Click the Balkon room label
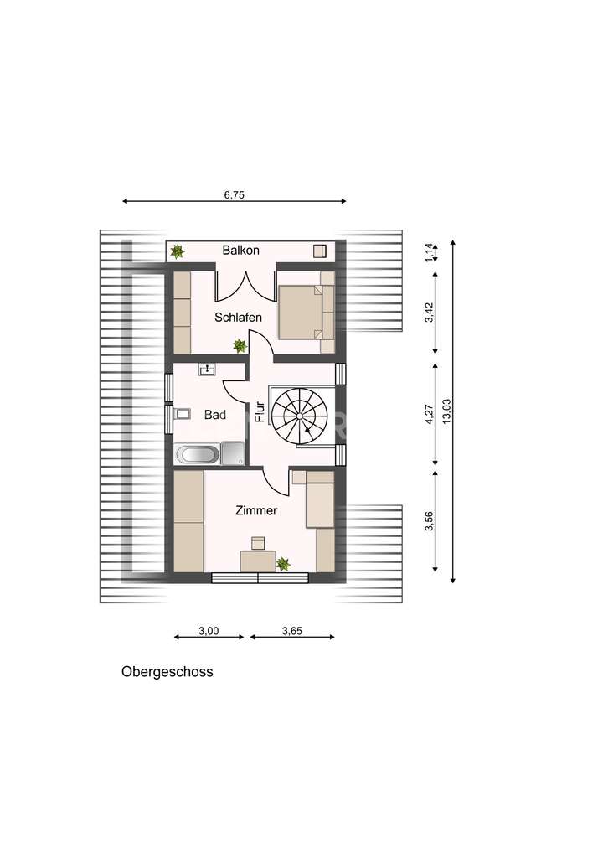(x=241, y=250)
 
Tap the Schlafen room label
(x=238, y=318)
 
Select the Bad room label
(x=215, y=415)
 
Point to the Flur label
(x=260, y=411)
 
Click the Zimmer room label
(x=256, y=509)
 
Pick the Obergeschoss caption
(x=167, y=671)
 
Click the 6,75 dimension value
(x=235, y=194)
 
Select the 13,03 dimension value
(x=446, y=412)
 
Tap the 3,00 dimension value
(x=209, y=631)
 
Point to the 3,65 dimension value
(x=292, y=631)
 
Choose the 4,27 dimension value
(x=429, y=415)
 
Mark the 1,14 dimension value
(x=429, y=251)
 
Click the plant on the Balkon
(x=177, y=250)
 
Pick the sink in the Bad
(x=207, y=369)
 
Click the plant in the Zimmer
(x=284, y=564)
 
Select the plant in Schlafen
(x=240, y=344)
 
